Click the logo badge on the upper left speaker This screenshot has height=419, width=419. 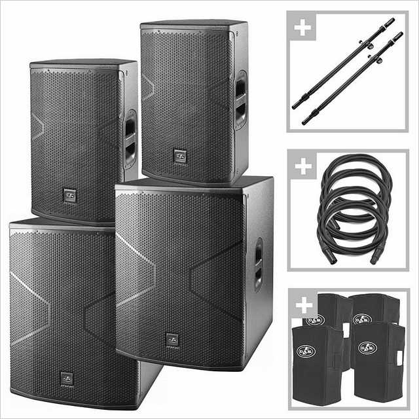[69, 195]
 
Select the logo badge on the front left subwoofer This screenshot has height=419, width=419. [67, 378]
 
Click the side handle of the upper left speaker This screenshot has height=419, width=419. [130, 139]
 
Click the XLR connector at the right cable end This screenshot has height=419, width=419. [376, 256]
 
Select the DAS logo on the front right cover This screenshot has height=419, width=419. [367, 347]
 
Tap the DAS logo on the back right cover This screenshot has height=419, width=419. [361, 319]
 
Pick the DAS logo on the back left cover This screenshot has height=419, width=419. [315, 319]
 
